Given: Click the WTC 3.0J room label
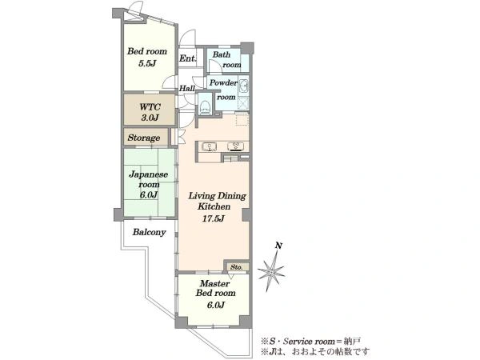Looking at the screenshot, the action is click(x=150, y=112).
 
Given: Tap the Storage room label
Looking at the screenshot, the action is click(x=144, y=138).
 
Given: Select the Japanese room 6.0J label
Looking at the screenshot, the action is click(x=149, y=185).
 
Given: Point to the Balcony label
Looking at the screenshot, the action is click(x=149, y=232).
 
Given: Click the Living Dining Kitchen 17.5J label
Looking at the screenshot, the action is click(x=217, y=207).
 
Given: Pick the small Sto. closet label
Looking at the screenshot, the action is click(x=236, y=267).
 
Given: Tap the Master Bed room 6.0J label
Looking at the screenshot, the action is click(x=215, y=294).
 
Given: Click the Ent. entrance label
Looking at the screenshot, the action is click(x=188, y=58).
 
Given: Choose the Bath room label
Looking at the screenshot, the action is click(x=226, y=60).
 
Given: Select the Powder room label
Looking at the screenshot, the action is click(x=224, y=90).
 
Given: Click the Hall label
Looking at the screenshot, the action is click(x=187, y=88).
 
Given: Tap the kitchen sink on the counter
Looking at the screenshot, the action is click(x=210, y=147).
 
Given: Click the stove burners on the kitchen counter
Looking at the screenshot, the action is click(x=236, y=146).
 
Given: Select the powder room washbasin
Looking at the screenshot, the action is click(x=244, y=86).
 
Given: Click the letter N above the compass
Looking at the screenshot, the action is click(x=278, y=246).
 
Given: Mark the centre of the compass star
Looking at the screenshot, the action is click(x=271, y=271).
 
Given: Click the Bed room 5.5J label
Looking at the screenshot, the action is click(x=147, y=58).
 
